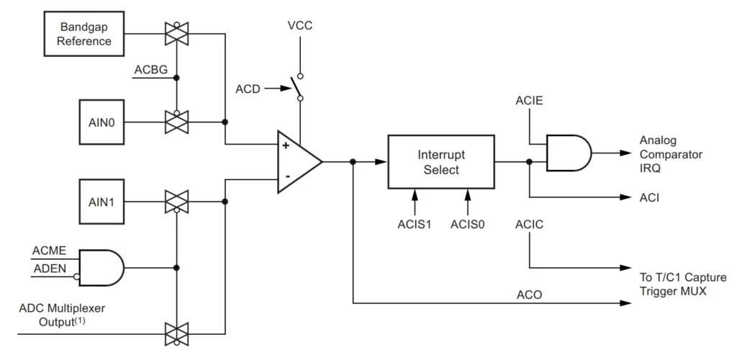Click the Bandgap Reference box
pos(85,34)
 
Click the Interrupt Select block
pos(440,162)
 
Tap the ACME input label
pos(50,251)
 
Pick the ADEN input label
pos(49,268)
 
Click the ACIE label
pos(529,102)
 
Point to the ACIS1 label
pos(414,224)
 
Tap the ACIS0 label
pos(468,224)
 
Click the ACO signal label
pos(529,294)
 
